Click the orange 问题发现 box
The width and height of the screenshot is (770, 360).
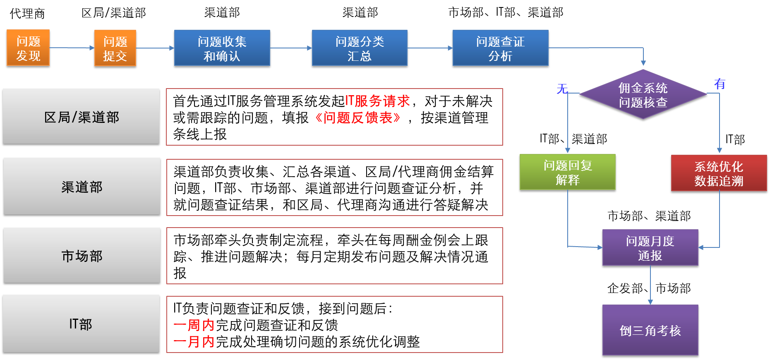click(x=28, y=48)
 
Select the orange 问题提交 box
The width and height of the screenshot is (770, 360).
click(x=115, y=48)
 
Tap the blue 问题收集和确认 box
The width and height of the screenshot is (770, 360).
click(x=222, y=48)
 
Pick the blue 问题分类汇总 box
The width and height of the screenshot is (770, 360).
click(x=360, y=48)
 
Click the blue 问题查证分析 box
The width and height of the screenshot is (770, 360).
click(x=501, y=48)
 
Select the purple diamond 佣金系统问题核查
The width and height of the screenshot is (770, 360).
click(x=643, y=95)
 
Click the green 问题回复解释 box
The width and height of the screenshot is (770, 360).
click(x=568, y=172)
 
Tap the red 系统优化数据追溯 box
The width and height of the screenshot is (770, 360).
click(x=719, y=173)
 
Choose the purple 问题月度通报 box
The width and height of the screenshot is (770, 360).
click(x=650, y=247)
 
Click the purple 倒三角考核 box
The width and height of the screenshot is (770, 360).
click(x=650, y=330)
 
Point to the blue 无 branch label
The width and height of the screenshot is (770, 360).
click(x=562, y=89)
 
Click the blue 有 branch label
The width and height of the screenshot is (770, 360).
click(x=720, y=84)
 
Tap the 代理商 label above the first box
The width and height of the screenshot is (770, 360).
click(x=27, y=14)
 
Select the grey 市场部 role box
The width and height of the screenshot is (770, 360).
click(x=82, y=256)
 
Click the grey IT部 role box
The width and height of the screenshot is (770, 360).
click(x=81, y=324)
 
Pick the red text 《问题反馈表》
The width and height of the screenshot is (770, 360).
click(x=357, y=118)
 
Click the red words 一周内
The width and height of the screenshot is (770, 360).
click(x=194, y=325)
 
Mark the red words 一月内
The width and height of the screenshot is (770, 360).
click(x=194, y=342)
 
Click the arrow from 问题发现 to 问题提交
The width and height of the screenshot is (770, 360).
click(x=72, y=48)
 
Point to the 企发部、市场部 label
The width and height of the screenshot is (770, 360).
click(x=649, y=288)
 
